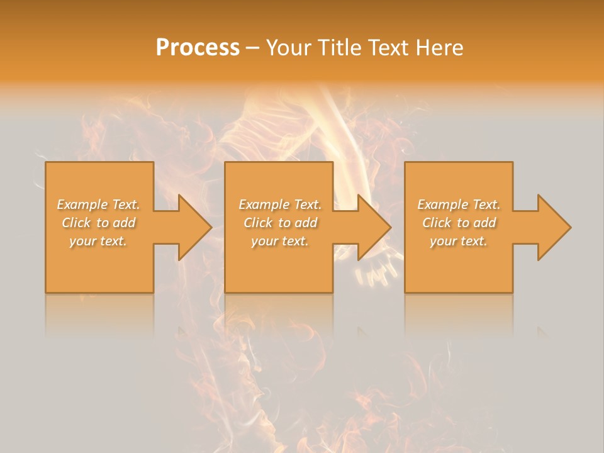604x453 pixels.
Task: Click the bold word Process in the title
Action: point(198,48)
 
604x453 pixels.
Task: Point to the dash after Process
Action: point(252,48)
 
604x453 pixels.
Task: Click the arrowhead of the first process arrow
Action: point(194,227)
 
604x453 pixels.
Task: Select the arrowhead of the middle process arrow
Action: point(374,227)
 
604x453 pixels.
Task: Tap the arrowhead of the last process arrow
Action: point(554,227)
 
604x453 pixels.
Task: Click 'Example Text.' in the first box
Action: point(99,204)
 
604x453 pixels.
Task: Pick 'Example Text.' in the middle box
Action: point(280,204)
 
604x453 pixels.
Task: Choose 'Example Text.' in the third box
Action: point(459,204)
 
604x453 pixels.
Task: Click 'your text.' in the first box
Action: point(98,241)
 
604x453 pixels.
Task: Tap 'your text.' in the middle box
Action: point(279,241)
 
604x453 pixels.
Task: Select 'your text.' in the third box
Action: point(459,241)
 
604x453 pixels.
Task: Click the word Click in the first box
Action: point(76,223)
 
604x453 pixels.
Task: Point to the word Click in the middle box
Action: point(258,223)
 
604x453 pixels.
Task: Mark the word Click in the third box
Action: point(437,223)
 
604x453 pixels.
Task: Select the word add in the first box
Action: point(124,223)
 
